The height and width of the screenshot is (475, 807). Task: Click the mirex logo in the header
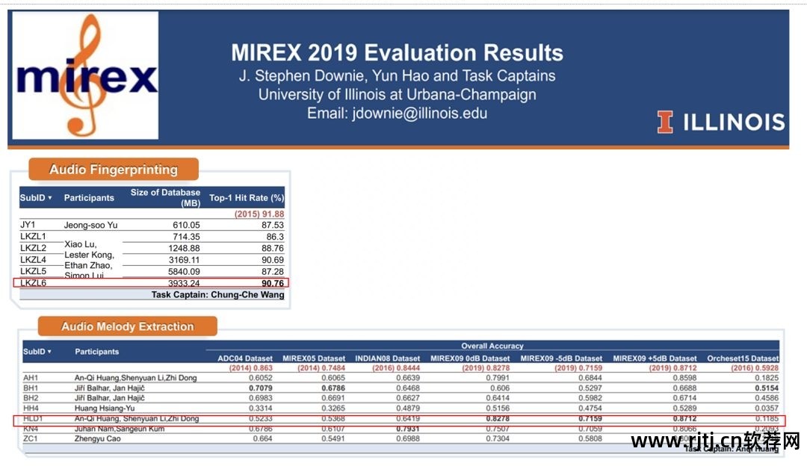click(x=86, y=76)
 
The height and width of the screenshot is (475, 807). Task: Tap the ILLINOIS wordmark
click(x=721, y=122)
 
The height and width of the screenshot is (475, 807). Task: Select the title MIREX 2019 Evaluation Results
click(x=397, y=53)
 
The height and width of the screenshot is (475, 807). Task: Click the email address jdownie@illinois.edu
click(x=397, y=114)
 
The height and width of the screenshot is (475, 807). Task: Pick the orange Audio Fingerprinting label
click(x=114, y=170)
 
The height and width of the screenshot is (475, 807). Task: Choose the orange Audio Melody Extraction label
click(x=127, y=326)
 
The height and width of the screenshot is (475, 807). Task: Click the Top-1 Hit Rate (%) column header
click(x=247, y=198)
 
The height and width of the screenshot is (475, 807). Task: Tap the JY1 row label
click(x=28, y=225)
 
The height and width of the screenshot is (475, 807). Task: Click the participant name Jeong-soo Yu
click(x=90, y=225)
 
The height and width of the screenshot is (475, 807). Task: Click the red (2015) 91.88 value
click(x=259, y=214)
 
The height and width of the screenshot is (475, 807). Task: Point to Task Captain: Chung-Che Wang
click(x=217, y=295)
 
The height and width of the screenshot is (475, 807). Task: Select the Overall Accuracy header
click(x=491, y=346)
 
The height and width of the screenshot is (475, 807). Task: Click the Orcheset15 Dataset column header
click(x=743, y=358)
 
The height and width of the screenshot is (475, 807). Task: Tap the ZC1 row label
click(x=31, y=438)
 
